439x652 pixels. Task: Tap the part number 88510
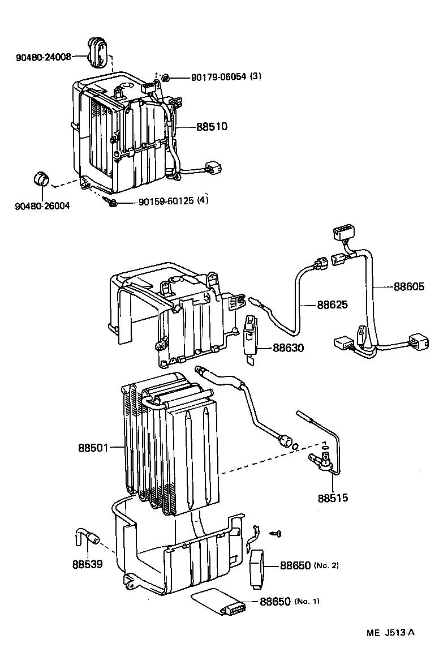212,127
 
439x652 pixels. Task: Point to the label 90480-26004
43,206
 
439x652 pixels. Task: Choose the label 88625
332,305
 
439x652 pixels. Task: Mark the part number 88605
408,287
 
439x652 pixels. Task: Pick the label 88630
288,348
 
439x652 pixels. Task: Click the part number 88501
93,448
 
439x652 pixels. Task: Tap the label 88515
333,499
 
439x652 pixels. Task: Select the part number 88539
87,564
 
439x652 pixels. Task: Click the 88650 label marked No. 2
295,565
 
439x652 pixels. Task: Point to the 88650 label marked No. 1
276,601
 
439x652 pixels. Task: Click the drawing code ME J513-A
389,632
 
